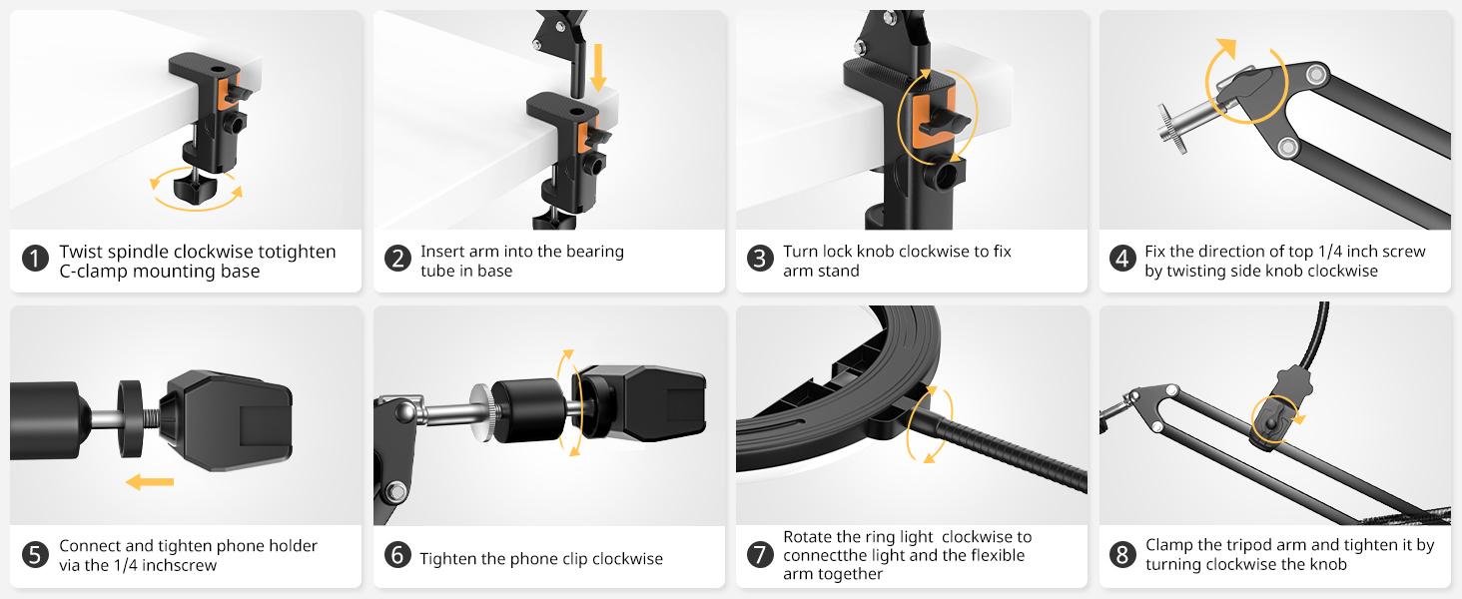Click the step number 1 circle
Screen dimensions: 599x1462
tap(35, 261)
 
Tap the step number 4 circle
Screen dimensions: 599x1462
tap(1122, 261)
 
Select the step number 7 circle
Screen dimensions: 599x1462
tap(760, 555)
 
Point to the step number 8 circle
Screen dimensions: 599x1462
tap(1122, 555)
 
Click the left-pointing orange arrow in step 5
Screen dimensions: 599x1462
tap(150, 483)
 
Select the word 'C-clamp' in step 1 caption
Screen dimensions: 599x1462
tap(92, 271)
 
